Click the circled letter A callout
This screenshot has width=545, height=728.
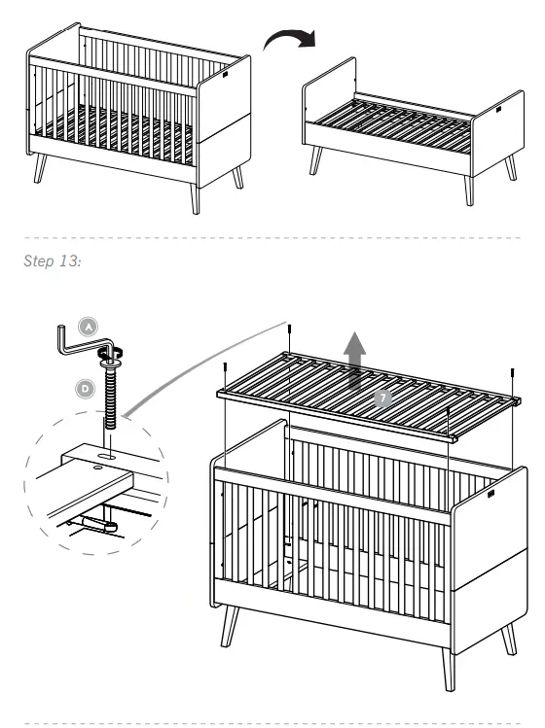(87, 329)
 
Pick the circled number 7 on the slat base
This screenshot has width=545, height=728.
(383, 398)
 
